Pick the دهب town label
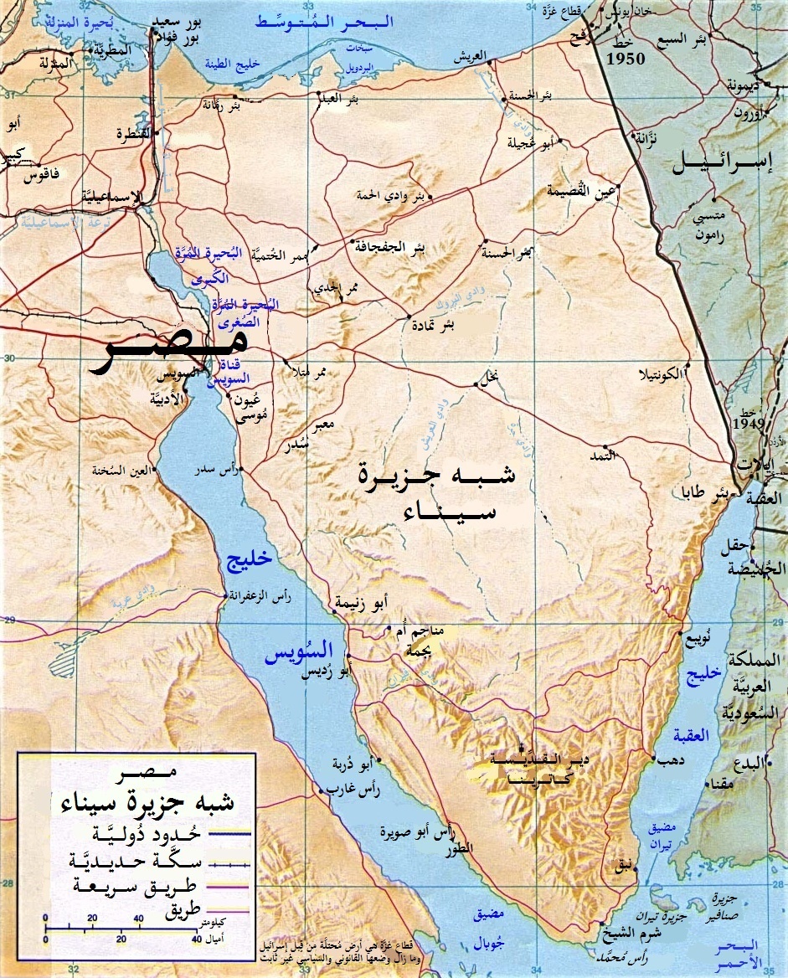tap(667, 760)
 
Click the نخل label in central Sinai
tap(492, 385)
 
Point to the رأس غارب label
tap(345, 789)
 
